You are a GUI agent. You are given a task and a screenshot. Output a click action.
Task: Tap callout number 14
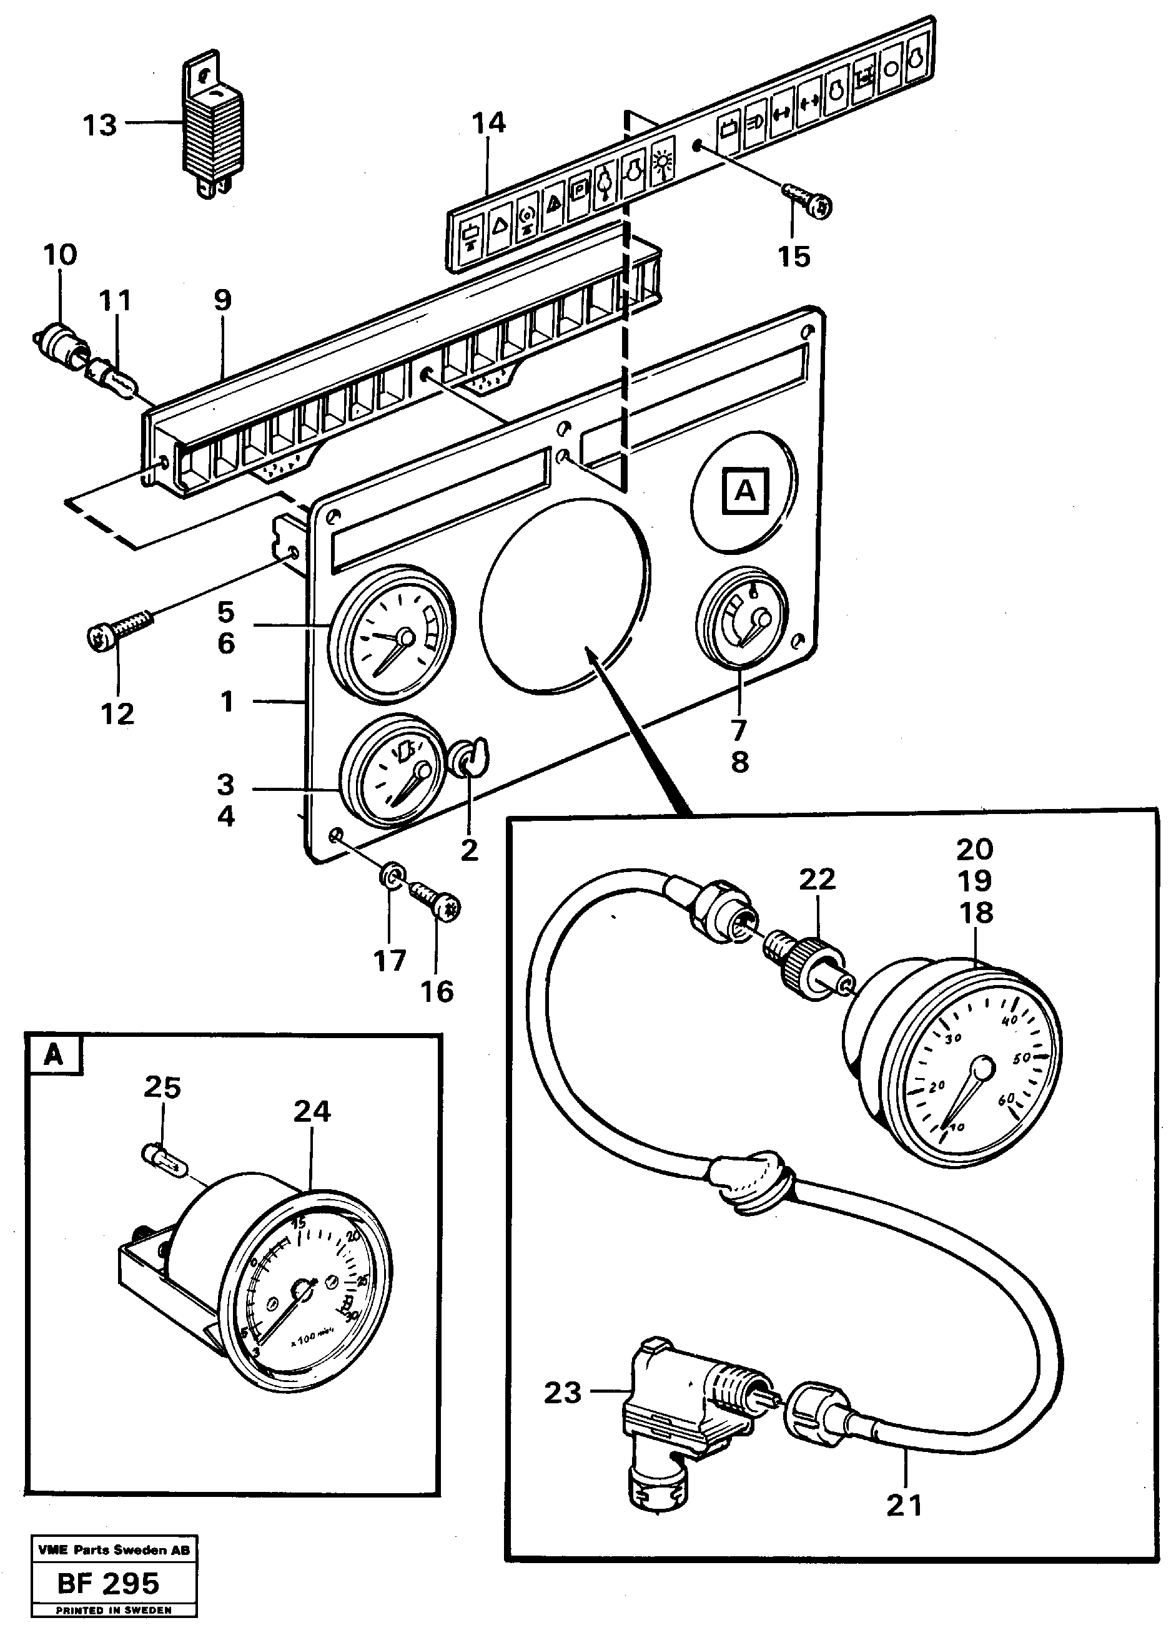point(488,123)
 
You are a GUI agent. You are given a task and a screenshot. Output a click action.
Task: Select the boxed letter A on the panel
point(745,491)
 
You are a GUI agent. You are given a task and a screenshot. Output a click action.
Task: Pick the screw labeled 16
point(437,901)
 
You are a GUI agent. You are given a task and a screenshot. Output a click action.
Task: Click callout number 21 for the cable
point(904,1506)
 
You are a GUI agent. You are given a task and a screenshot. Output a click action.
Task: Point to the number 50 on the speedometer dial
point(1022,1057)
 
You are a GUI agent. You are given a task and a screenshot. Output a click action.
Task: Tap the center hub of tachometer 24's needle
point(302,1292)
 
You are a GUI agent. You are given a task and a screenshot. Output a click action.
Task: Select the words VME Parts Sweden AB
point(114,1550)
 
